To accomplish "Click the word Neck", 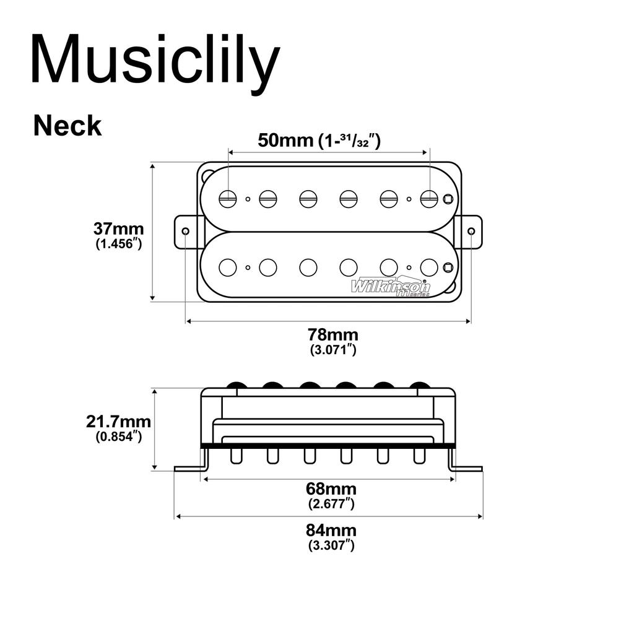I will (x=67, y=126).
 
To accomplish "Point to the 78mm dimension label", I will (x=333, y=334).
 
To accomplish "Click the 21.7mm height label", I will (x=118, y=422).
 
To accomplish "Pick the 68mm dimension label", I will (x=332, y=489).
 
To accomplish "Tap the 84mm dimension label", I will (x=331, y=531).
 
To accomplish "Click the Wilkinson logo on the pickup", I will (x=391, y=287).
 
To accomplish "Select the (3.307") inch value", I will (x=331, y=546).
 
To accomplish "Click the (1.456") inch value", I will (x=119, y=244).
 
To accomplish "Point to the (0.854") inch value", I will (x=119, y=436).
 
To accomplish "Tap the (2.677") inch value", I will (x=332, y=504).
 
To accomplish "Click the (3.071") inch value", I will (x=333, y=350).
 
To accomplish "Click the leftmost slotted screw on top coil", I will (x=228, y=199).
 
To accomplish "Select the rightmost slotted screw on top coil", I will (x=428, y=199).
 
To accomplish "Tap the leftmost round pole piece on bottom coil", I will (x=228, y=267).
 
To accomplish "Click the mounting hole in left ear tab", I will (x=186, y=231).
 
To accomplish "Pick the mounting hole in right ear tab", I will (x=471, y=231).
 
